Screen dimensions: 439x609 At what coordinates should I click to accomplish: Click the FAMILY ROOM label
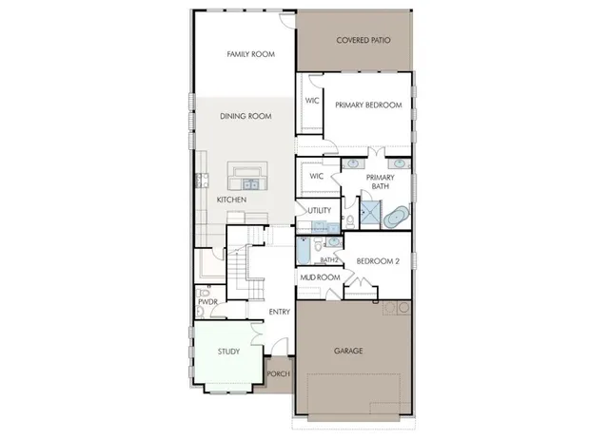click(x=250, y=54)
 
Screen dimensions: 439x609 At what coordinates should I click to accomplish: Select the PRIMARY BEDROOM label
click(x=367, y=105)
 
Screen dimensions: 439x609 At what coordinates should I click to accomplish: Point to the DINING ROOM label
click(x=246, y=116)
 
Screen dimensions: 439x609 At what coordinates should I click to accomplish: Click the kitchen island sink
click(x=250, y=184)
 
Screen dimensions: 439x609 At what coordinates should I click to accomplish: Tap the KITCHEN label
click(x=231, y=200)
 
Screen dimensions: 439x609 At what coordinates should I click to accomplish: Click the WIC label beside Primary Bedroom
click(x=311, y=100)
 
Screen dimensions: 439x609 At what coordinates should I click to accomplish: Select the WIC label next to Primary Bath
click(x=317, y=176)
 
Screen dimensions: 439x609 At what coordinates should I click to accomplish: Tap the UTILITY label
click(x=319, y=210)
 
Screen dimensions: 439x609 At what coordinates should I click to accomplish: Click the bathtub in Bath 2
click(x=304, y=250)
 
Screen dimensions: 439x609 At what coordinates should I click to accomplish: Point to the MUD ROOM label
click(x=321, y=277)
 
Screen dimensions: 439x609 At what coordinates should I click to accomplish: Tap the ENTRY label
click(x=279, y=313)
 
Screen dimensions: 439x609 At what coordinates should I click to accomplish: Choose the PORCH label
click(x=278, y=373)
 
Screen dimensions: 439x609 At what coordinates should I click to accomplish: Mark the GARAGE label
click(x=347, y=351)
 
